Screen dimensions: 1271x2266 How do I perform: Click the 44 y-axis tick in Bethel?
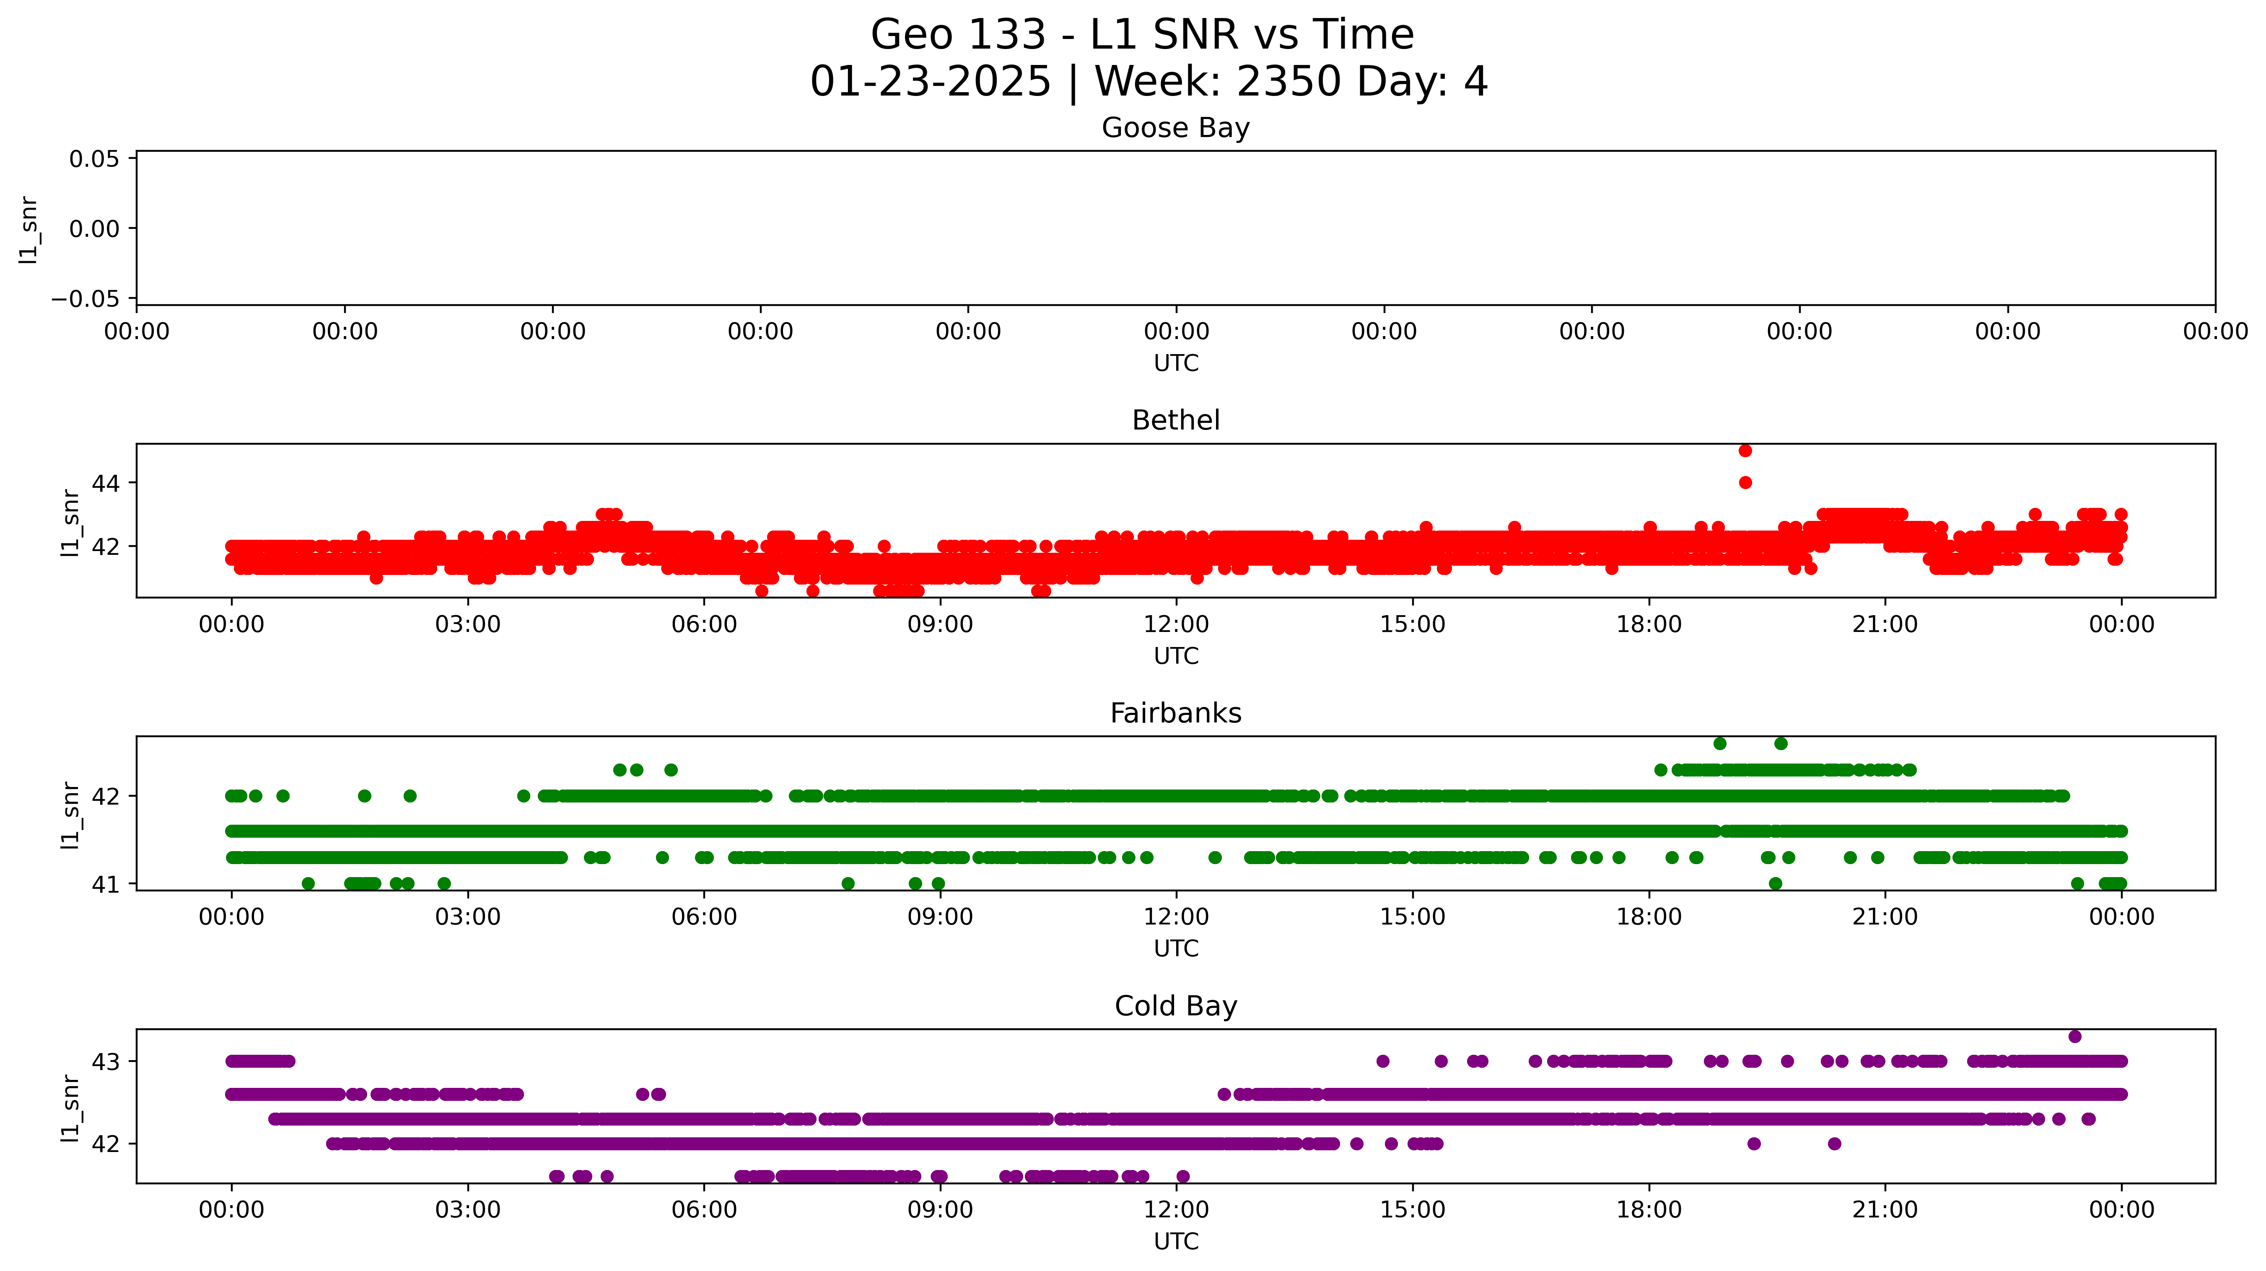pyautogui.click(x=106, y=483)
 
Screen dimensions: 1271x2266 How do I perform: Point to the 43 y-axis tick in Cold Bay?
pyautogui.click(x=106, y=1061)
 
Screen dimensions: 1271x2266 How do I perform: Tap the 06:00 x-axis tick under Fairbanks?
pyautogui.click(x=704, y=917)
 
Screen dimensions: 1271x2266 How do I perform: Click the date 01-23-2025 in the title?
pyautogui.click(x=930, y=82)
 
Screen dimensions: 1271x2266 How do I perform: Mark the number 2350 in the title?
pyautogui.click(x=1289, y=82)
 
